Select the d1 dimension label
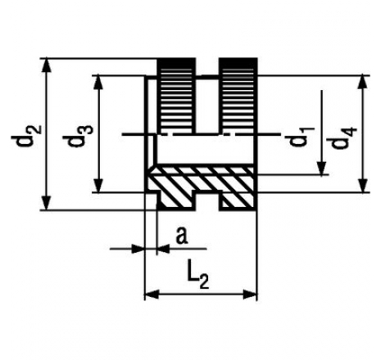tap(301, 136)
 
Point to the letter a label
tap(182, 236)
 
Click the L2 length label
tap(198, 278)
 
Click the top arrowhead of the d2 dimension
tap(47, 65)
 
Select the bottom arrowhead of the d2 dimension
tap(47, 203)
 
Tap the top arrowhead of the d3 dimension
tap(99, 83)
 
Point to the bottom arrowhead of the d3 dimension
tap(99, 185)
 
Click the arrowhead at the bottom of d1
tap(322, 168)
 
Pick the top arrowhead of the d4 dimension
tap(363, 83)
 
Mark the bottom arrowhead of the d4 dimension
tap(363, 185)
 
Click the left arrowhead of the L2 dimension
tap(152, 295)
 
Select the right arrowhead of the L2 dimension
tap(250, 295)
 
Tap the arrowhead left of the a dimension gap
tap(137, 249)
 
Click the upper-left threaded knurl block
tap(176, 96)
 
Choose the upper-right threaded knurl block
tap(238, 96)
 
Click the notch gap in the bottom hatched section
tap(207, 202)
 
